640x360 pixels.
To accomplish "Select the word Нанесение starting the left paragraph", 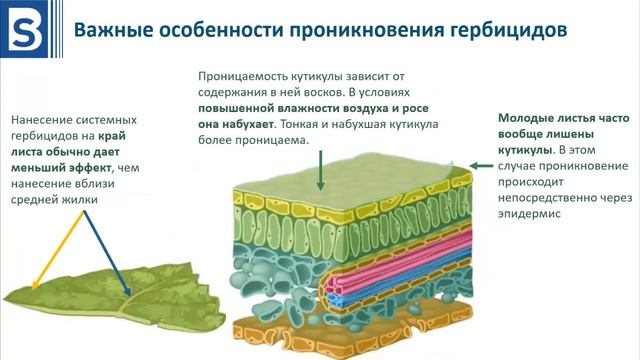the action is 43,117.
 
